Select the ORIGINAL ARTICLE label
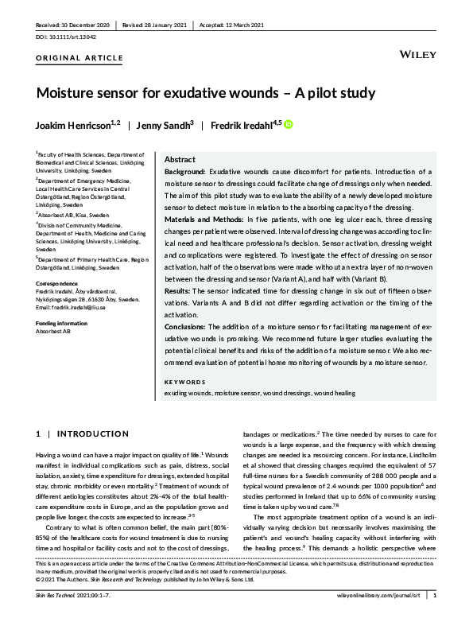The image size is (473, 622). [x=79, y=58]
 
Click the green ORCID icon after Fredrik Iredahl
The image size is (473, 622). [x=289, y=125]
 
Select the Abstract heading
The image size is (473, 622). [x=180, y=159]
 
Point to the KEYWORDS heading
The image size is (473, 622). [x=184, y=382]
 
